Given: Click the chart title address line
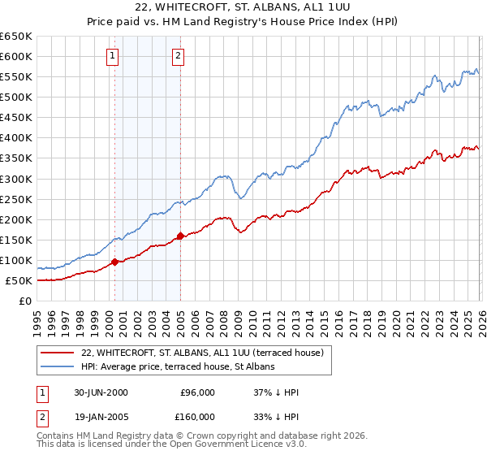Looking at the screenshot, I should (243, 7).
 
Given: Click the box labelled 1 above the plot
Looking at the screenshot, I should (112, 56).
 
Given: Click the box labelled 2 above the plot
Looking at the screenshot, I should (178, 56).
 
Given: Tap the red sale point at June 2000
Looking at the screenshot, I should (115, 262).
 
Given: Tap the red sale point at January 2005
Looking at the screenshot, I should (180, 236).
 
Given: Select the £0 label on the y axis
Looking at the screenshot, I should (24, 301).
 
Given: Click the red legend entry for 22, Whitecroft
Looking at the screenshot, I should (203, 353).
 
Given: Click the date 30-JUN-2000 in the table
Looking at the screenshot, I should (101, 392).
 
